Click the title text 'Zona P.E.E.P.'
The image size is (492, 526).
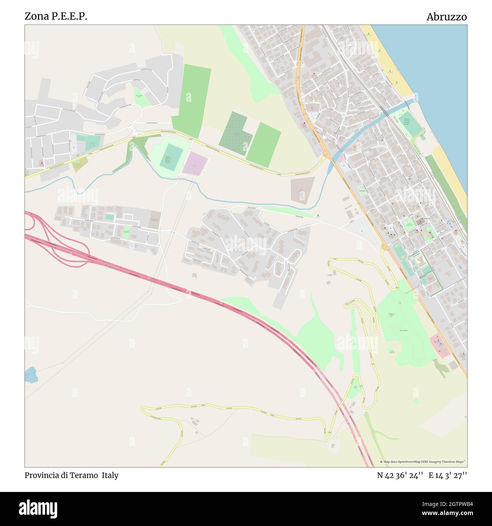56,16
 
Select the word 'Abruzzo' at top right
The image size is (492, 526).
446,17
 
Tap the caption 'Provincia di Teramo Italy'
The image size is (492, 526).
72,475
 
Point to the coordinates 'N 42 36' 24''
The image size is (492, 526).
400,475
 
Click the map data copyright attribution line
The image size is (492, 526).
423,462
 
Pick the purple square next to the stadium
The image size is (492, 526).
195,163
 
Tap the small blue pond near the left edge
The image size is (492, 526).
31,375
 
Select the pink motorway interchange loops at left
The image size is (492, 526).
57,242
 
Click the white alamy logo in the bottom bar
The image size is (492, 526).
38,509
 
